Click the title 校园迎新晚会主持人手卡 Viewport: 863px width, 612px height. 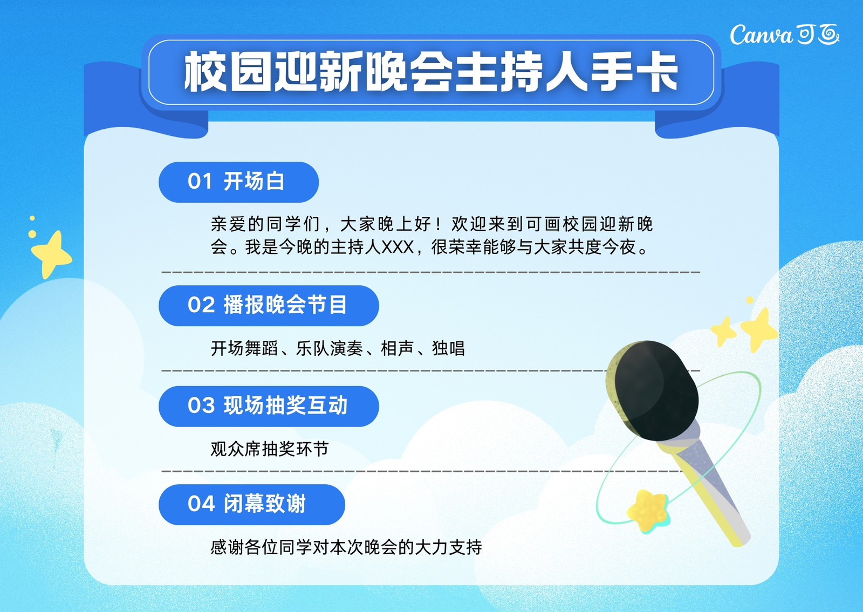pos(431,72)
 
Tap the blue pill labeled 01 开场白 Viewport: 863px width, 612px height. pos(238,182)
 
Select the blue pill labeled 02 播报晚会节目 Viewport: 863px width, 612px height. pos(269,306)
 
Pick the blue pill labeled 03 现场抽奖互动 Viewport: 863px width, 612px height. pos(269,407)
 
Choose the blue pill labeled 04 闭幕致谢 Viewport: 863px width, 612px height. pos(251,505)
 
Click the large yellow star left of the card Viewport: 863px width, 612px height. pos(51,254)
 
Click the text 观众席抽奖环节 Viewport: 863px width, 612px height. pos(269,449)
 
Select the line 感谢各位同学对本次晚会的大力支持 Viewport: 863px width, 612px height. pos(346,547)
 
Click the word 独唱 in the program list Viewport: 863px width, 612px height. pos(448,348)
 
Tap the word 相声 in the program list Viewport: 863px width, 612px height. pos(397,348)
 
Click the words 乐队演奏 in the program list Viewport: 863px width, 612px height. pos(330,348)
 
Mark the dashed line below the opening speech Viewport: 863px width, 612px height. pos(431,272)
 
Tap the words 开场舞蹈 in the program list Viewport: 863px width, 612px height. pos(244,348)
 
